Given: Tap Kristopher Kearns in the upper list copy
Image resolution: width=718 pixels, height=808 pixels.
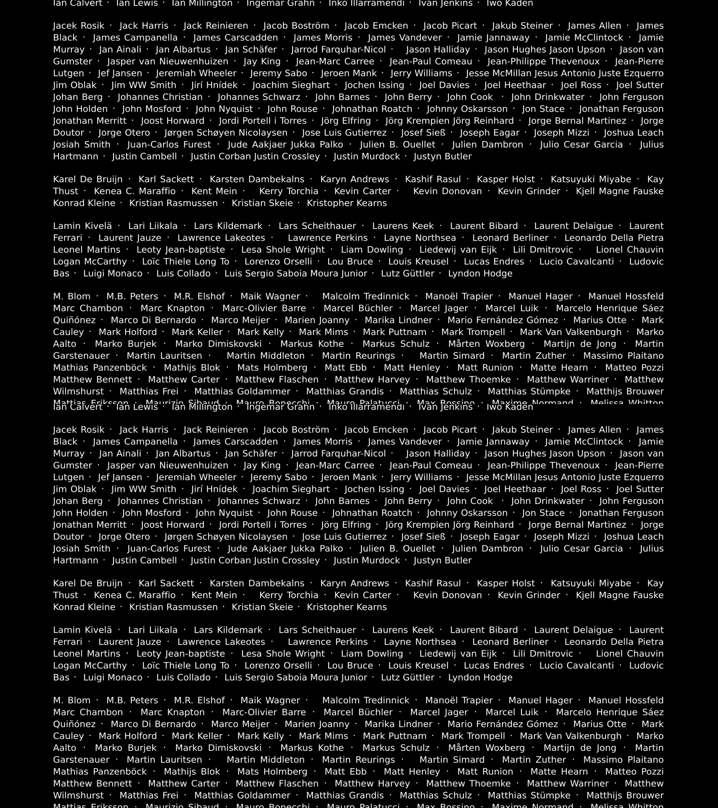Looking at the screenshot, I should pos(347,203).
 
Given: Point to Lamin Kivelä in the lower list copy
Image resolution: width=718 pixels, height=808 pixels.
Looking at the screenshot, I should pos(83,630).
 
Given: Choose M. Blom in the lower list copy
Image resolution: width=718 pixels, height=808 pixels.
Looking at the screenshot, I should pos(71,700).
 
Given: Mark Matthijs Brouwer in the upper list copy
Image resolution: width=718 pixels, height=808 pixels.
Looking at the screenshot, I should pos(625,391).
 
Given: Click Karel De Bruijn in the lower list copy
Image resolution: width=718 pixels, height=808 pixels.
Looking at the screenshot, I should pos(88,584).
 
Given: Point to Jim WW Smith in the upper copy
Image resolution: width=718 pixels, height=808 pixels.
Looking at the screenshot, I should pos(143,85).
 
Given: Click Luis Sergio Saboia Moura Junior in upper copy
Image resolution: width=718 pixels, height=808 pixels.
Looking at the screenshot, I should pos(296,273).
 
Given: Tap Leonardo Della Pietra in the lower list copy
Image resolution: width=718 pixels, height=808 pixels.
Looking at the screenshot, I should pos(614,642).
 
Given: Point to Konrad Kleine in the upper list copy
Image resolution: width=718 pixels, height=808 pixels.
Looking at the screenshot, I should pos(84,203).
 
